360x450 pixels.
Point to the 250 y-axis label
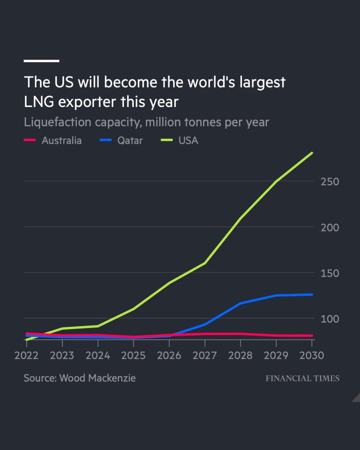(330, 182)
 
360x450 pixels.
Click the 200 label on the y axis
(330, 227)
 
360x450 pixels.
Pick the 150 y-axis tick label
(330, 273)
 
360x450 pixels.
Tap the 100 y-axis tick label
(330, 319)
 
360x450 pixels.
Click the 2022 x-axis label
(26, 355)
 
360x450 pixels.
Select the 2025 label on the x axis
(133, 355)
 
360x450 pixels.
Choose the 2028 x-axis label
(240, 355)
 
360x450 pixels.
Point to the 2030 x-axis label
(312, 355)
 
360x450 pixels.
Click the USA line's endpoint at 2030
(312, 153)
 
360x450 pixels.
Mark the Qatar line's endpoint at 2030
(312, 294)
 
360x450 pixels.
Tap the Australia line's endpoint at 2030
(312, 336)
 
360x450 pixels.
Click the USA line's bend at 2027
(205, 263)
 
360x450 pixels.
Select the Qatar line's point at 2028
(240, 303)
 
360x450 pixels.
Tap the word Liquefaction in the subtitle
(57, 122)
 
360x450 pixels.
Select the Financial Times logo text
(302, 378)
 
